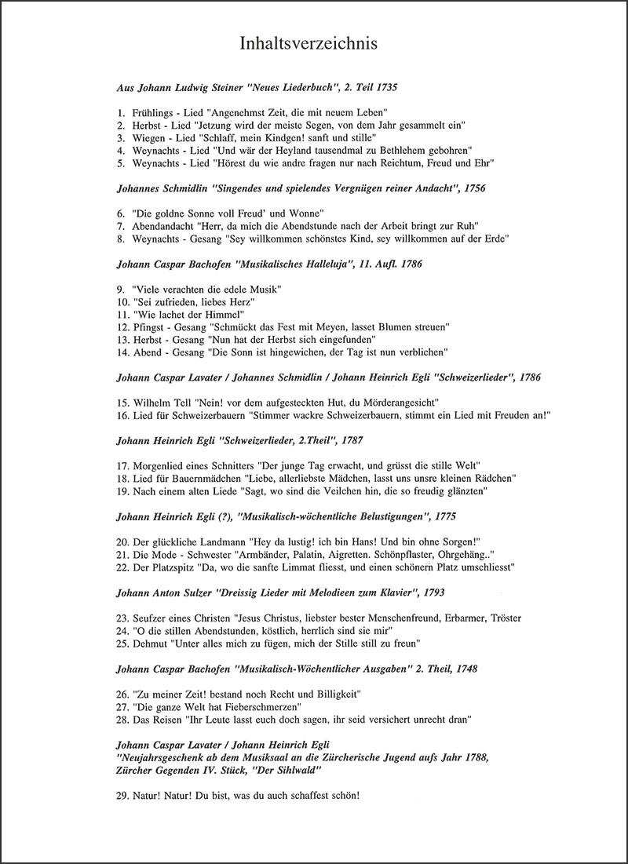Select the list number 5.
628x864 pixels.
coord(120,162)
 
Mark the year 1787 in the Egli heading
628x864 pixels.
coord(346,441)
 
